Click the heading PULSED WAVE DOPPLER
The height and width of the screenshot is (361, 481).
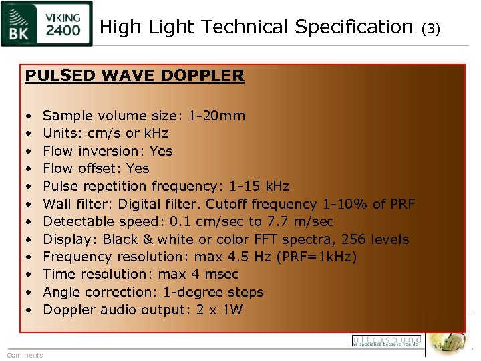point(134,76)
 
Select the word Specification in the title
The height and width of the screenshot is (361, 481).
point(353,27)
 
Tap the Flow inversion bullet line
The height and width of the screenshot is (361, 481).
point(108,150)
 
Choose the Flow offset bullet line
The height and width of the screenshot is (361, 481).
point(96,168)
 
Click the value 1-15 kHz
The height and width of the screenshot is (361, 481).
point(259,186)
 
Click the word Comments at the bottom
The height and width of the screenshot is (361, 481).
point(25,355)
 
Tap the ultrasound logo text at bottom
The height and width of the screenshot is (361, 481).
point(386,340)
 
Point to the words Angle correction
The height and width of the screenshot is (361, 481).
point(93,292)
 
